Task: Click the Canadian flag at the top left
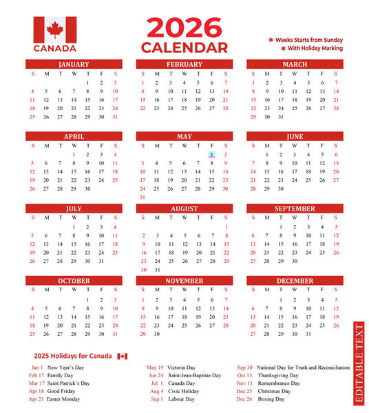click(55, 30)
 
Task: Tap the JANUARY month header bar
click(74, 65)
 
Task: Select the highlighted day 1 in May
click(212, 155)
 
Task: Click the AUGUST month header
click(184, 209)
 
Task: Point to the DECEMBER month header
click(295, 281)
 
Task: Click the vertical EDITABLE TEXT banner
click(359, 363)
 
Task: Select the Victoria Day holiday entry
click(180, 368)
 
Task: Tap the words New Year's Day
click(65, 368)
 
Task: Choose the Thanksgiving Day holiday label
click(279, 376)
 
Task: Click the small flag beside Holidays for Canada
click(123, 356)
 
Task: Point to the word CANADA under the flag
click(55, 49)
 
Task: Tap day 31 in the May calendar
click(143, 197)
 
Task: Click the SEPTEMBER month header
click(295, 209)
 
